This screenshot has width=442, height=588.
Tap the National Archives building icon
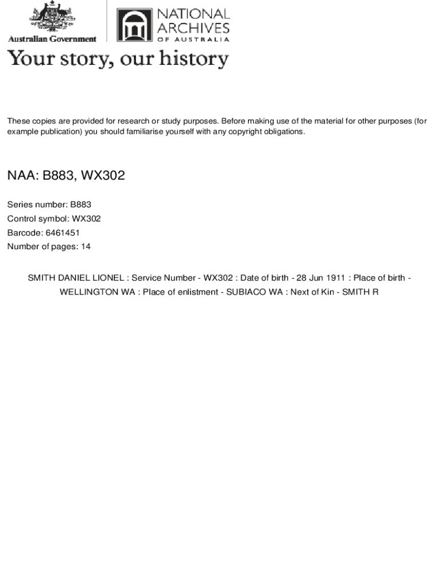point(135,25)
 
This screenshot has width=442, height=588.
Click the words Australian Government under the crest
point(52,39)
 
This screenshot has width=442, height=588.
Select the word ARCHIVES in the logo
point(193,27)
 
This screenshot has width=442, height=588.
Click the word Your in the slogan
point(27,59)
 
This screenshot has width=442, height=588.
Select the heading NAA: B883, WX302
point(66,175)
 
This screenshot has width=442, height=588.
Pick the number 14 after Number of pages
point(86,247)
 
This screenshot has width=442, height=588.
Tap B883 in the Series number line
point(80,204)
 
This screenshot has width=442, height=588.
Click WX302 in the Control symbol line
point(86,219)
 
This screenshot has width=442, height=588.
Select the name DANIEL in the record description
point(74,278)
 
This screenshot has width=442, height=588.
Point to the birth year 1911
point(336,278)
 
